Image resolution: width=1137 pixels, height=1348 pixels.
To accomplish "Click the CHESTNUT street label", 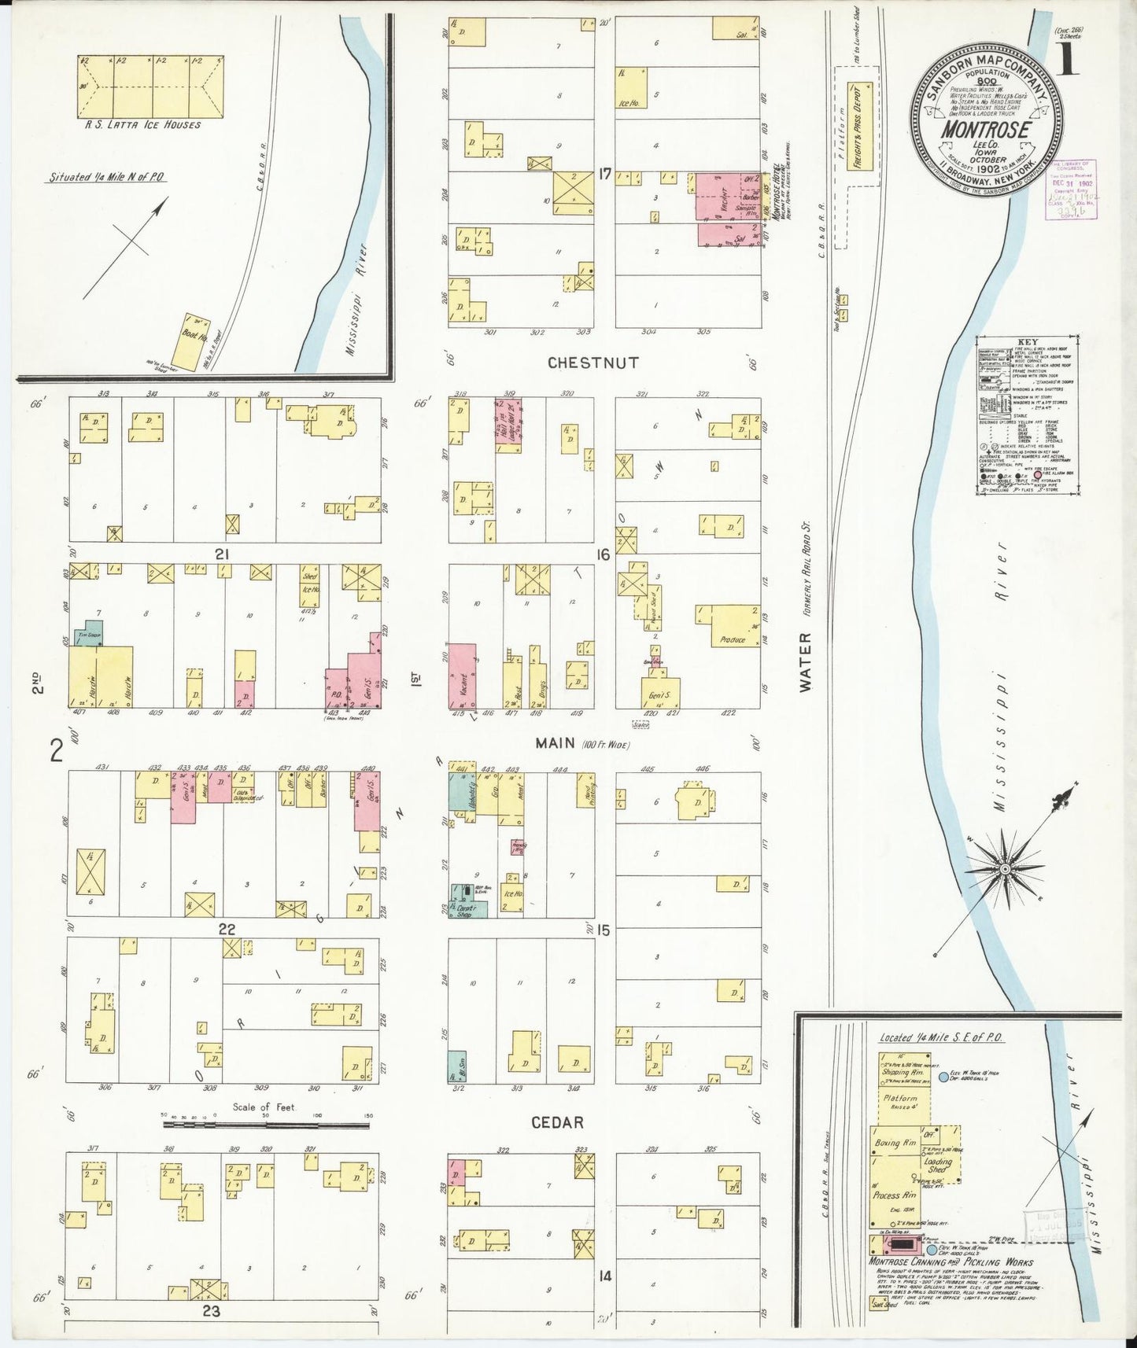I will (593, 363).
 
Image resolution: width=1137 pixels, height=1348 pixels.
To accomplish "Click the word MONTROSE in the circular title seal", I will (986, 128).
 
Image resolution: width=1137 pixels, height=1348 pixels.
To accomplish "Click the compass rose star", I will (1004, 868).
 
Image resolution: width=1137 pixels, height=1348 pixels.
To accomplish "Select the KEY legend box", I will (1024, 417).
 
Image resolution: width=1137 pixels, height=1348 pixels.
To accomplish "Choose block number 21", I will (222, 554).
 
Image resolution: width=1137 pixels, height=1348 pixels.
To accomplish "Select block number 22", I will (227, 929).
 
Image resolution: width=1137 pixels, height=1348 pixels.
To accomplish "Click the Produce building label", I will (732, 639).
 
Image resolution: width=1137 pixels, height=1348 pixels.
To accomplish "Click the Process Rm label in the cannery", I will (894, 1195).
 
